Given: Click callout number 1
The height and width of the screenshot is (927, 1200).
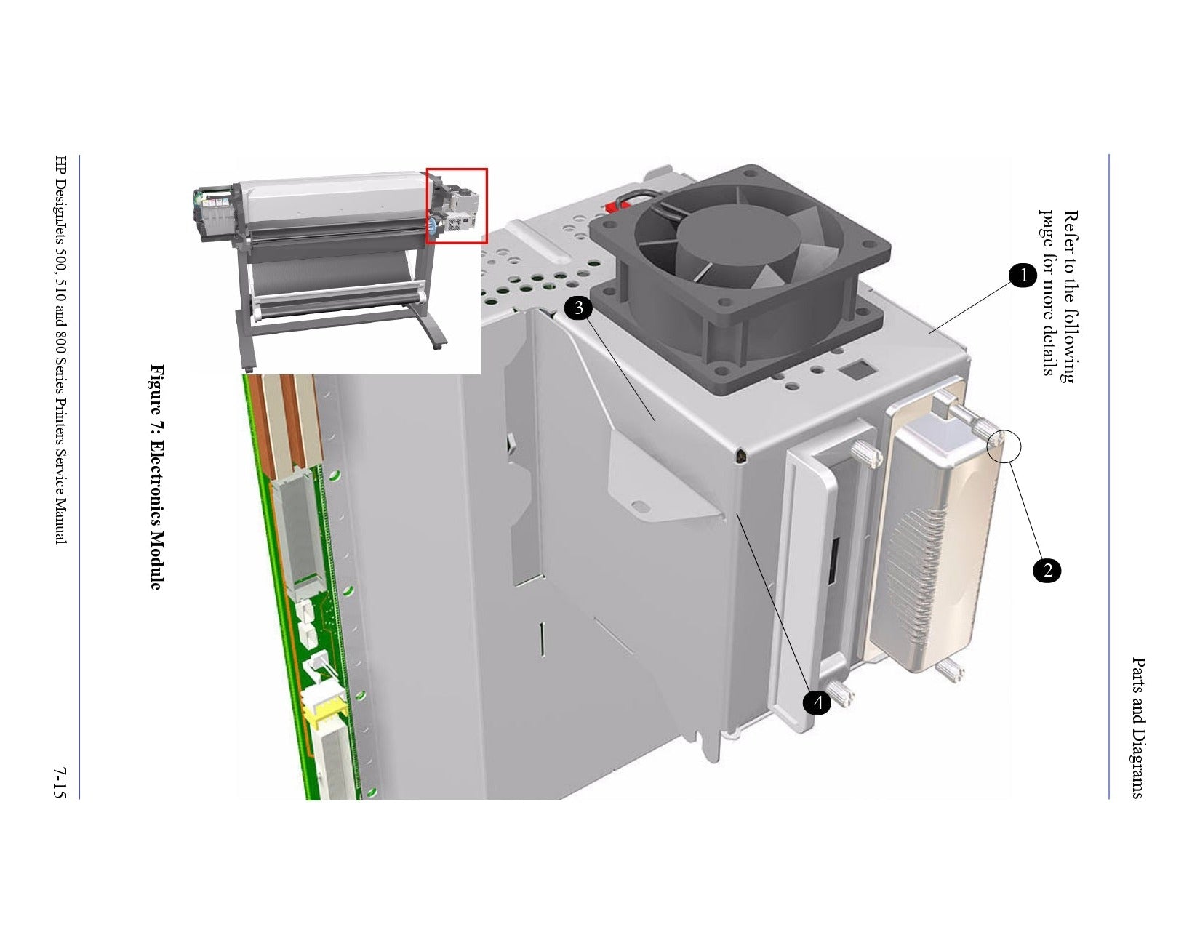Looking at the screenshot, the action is click(1023, 274).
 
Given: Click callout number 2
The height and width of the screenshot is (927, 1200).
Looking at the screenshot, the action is click(1047, 570).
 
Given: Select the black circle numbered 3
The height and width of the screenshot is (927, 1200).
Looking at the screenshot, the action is click(578, 308).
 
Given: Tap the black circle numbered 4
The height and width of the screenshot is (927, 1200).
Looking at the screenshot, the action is click(817, 702).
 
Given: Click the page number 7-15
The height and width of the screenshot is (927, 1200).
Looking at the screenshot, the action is click(60, 782).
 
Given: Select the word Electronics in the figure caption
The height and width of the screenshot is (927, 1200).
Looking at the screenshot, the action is click(157, 482).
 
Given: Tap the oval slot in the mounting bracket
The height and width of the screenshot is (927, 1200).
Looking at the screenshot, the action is click(641, 506).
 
